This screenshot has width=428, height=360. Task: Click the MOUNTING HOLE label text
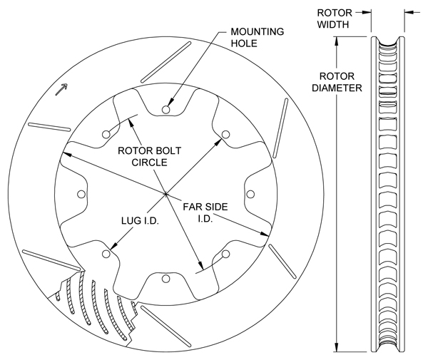(258, 38)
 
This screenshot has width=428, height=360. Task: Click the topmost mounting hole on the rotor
(165, 109)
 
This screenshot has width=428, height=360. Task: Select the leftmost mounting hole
(80, 194)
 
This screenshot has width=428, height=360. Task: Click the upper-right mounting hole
(225, 134)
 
